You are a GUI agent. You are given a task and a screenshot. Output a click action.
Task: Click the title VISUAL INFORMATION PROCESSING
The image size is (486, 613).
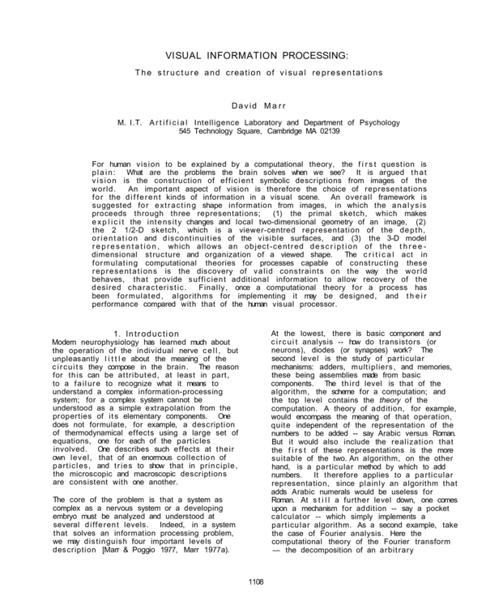tap(257, 56)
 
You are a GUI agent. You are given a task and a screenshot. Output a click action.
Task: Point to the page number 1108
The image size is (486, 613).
tap(257, 581)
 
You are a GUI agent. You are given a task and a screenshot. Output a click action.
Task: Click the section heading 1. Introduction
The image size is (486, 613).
tap(147, 334)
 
